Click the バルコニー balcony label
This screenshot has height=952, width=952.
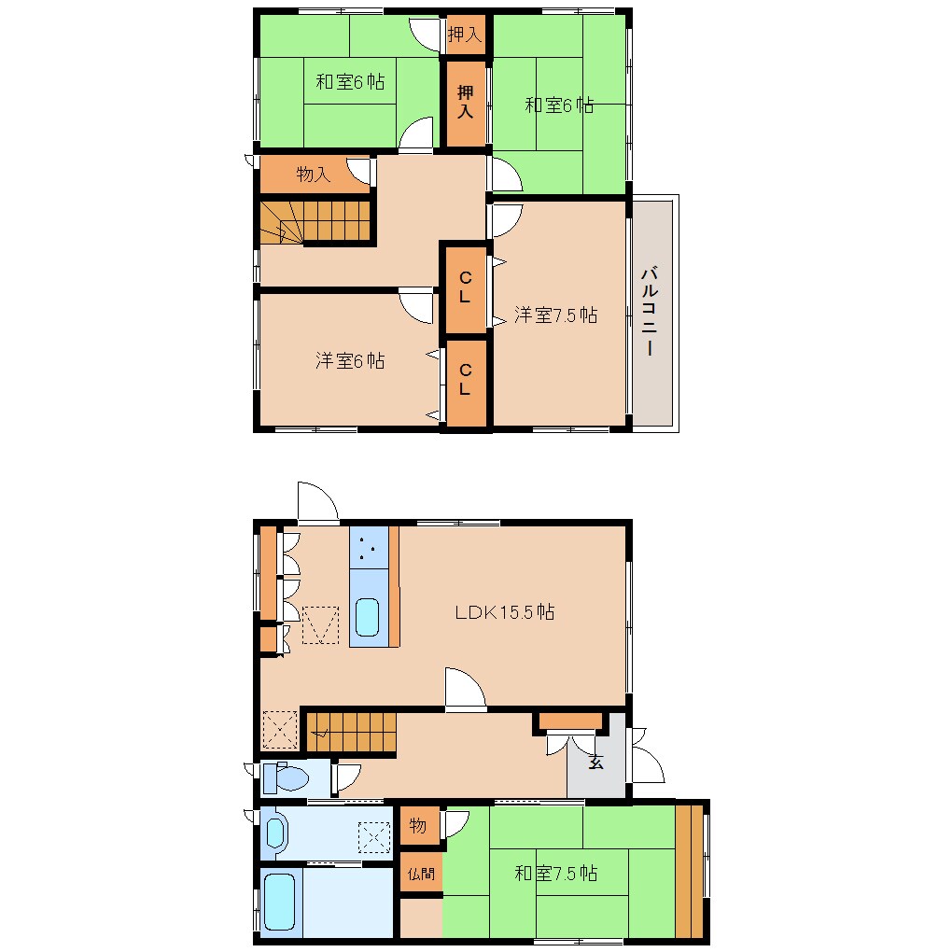[x=650, y=310]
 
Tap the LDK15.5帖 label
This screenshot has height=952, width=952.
[x=505, y=612]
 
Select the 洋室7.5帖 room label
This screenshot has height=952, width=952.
[x=555, y=315]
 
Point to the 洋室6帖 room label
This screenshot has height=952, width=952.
[x=350, y=360]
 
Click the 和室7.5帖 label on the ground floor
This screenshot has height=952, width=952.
[x=555, y=873]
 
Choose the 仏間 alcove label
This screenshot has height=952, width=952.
[x=421, y=874]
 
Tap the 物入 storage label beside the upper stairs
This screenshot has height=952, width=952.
[x=314, y=175]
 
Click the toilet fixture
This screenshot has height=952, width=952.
[x=286, y=777]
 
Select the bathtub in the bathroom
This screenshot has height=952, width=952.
[x=279, y=902]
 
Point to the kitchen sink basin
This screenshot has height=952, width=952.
[x=367, y=618]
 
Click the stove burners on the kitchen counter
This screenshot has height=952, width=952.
[x=366, y=548]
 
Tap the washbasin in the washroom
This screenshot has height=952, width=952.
[x=275, y=833]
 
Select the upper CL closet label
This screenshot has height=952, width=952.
[x=465, y=287]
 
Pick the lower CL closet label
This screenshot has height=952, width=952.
[x=465, y=379]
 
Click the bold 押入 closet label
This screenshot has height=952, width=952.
[x=465, y=102]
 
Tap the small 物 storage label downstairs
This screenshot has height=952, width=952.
[x=418, y=826]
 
